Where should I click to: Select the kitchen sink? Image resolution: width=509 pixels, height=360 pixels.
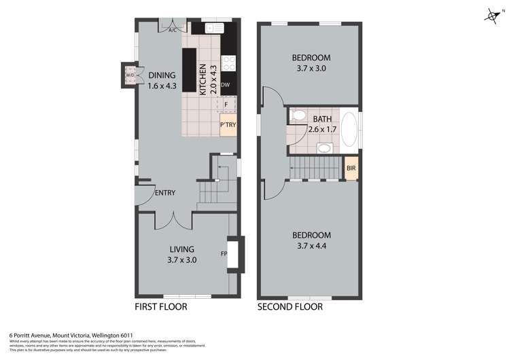(x=214, y=28)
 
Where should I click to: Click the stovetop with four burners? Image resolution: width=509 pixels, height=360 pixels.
(x=230, y=63)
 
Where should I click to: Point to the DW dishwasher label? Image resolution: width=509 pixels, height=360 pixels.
(x=226, y=84)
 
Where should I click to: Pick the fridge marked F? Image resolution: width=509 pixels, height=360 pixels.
(x=226, y=105)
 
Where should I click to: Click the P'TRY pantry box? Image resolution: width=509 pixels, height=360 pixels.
(x=227, y=126)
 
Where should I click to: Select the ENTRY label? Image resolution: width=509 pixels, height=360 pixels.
(x=164, y=193)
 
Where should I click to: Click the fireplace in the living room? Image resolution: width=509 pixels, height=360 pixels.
(x=231, y=254)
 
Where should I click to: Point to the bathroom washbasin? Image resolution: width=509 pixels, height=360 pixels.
(x=324, y=148)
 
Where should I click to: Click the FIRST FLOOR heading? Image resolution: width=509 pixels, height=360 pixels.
(x=162, y=307)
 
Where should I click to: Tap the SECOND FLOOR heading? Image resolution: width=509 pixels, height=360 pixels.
(x=290, y=307)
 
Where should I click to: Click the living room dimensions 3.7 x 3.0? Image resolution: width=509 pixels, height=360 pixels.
(x=182, y=259)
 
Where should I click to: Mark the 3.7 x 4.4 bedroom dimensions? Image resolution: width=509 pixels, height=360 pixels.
(x=311, y=245)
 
